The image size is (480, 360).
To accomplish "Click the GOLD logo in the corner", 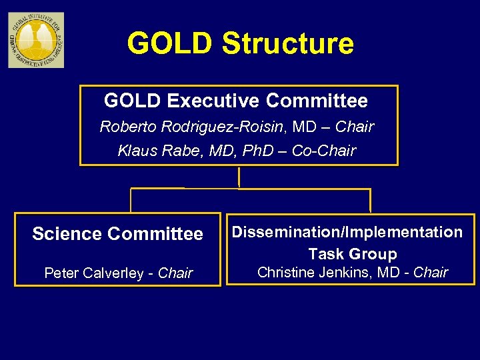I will point(36,40).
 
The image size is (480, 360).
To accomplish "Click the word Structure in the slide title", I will point(287,43).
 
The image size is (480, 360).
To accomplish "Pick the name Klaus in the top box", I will point(137,151).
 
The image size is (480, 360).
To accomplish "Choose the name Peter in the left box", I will point(60,273).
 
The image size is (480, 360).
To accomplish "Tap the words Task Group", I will point(352,254).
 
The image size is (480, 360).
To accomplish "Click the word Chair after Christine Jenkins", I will point(431,272).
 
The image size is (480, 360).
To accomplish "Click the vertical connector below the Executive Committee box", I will point(239,177).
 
